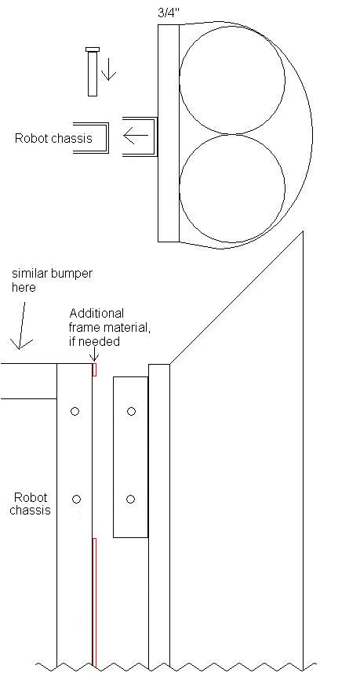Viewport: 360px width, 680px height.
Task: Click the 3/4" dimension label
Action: click(169, 13)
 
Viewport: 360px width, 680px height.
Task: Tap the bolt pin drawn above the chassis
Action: click(93, 71)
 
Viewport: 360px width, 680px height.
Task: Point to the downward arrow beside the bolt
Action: click(108, 69)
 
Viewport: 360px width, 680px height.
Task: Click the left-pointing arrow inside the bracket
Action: click(136, 136)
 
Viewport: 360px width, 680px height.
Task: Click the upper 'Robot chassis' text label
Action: click(53, 138)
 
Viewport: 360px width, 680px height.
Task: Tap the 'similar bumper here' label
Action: click(52, 280)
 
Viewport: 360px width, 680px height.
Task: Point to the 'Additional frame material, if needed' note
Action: click(110, 327)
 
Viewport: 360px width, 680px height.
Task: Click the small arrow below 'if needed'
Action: click(94, 355)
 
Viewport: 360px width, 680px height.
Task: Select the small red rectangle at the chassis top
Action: click(94, 369)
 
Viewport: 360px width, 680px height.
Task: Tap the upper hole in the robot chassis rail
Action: click(75, 411)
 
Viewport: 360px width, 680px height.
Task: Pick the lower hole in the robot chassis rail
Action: click(76, 499)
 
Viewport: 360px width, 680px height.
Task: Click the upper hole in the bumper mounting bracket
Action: click(132, 411)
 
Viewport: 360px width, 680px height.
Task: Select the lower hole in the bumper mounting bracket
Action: click(130, 499)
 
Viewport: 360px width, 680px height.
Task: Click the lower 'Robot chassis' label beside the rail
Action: click(30, 504)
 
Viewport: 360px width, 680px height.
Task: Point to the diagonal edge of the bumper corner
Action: click(236, 298)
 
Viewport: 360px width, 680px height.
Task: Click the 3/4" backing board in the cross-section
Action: click(169, 133)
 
